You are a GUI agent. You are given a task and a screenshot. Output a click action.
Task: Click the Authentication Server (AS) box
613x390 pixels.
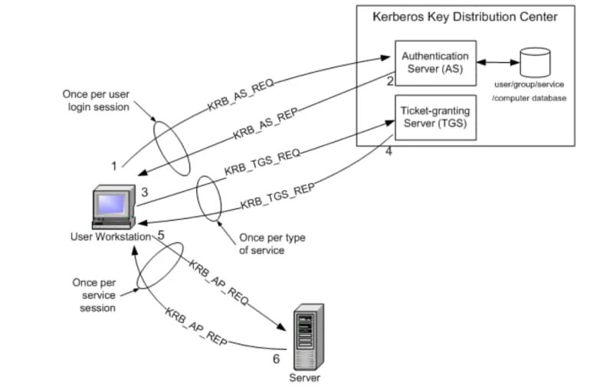(435, 62)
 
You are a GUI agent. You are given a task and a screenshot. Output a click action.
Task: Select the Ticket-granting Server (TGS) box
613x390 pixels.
(435, 117)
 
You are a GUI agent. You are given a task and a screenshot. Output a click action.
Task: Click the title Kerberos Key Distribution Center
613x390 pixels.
(464, 16)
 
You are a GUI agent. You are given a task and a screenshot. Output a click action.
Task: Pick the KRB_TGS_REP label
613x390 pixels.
(277, 197)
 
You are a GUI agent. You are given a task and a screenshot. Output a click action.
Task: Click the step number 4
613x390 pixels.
(388, 151)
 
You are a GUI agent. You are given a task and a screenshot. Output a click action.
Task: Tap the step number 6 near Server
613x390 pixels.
(277, 358)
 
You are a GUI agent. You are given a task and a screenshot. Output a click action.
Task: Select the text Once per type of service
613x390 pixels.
(272, 244)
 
